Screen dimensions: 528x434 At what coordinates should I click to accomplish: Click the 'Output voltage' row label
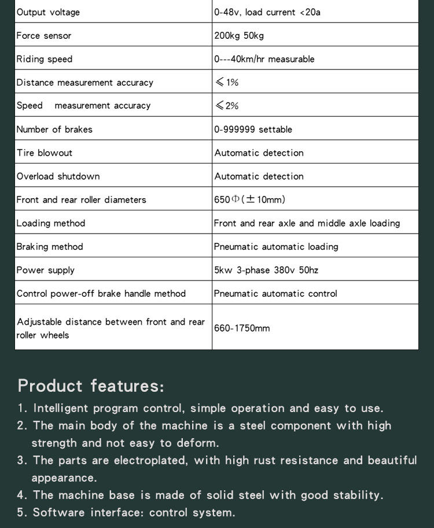48,12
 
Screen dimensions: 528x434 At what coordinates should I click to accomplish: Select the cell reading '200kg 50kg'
239,36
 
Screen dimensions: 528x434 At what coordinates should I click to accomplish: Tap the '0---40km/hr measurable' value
264,59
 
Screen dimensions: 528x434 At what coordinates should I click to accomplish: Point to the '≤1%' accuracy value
227,82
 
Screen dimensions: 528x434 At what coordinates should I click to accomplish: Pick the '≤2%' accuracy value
227,105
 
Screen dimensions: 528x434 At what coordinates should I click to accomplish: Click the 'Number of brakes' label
54,129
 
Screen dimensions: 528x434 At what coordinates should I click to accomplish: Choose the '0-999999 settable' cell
253,129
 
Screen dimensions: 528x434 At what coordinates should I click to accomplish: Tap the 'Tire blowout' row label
45,153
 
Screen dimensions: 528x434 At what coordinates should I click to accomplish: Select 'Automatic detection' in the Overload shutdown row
259,176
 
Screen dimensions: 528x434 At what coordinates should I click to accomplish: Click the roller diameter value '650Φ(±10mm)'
249,199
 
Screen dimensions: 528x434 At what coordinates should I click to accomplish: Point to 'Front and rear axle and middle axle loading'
307,223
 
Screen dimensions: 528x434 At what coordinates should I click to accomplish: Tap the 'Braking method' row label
50,246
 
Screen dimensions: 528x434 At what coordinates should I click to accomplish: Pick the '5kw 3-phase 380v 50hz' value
266,270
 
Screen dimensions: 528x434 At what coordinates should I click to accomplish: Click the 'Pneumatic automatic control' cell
275,293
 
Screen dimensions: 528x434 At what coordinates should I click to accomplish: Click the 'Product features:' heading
91,385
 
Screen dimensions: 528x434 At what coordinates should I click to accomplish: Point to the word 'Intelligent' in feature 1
61,408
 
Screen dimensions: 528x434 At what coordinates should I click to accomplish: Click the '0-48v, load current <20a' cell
267,12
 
